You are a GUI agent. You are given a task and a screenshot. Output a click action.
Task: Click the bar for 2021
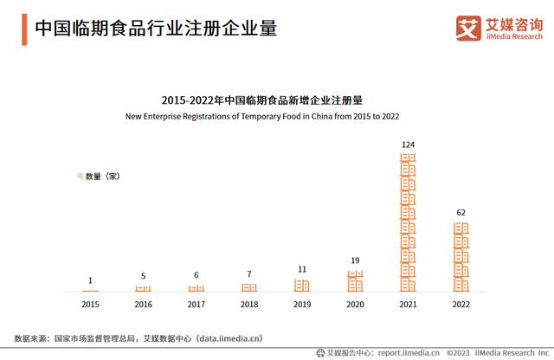tap(408, 222)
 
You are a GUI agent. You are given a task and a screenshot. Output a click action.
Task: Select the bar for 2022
tap(461, 256)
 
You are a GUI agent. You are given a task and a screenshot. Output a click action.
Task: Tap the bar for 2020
tap(355, 280)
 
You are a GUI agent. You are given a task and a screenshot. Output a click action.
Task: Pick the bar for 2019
tap(302, 285)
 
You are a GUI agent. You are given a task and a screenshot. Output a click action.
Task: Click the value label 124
tap(408, 144)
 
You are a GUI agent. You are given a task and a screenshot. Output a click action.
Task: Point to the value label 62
tap(461, 212)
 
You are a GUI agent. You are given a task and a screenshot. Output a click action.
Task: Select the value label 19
tap(355, 260)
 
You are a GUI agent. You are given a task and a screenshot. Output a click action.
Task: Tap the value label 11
tap(302, 269)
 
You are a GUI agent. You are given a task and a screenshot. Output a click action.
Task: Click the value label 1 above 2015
tap(90, 280)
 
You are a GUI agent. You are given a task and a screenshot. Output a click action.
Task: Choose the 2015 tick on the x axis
tap(90, 305)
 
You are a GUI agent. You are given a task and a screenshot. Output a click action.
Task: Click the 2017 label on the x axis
tap(196, 305)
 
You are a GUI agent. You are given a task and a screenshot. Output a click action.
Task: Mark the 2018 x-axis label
tap(249, 305)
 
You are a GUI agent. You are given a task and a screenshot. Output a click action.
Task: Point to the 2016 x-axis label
tap(143, 305)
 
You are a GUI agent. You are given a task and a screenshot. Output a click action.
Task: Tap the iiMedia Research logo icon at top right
tap(468, 29)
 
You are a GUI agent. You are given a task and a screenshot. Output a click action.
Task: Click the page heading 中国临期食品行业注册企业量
tap(156, 29)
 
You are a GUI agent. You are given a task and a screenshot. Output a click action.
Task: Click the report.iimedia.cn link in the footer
tap(408, 352)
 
